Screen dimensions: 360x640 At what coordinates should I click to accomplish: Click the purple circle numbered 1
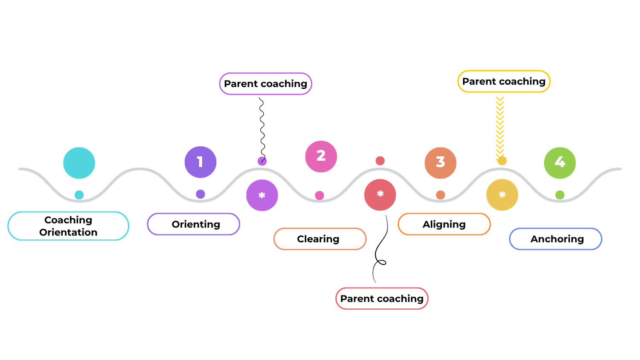[x=200, y=162]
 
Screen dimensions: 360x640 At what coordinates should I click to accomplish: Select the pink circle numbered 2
[x=321, y=156]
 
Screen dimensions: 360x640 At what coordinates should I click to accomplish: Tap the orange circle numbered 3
[x=440, y=163]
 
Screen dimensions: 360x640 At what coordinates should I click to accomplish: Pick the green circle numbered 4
[x=560, y=163]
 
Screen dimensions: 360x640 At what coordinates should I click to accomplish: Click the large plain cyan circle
[x=79, y=163]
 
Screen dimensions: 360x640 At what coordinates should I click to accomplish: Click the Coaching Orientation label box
[x=68, y=226]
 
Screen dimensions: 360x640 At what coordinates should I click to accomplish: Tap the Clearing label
[x=320, y=239]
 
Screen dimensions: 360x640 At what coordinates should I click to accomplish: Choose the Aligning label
[x=444, y=224]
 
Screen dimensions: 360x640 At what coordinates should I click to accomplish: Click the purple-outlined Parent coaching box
[x=265, y=84]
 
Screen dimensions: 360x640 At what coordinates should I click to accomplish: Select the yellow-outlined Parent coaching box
[x=504, y=81]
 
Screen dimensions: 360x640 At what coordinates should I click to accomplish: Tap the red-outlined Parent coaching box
[x=381, y=298]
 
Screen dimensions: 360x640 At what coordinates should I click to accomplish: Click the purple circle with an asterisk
[x=262, y=195]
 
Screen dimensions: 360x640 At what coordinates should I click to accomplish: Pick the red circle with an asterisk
[x=380, y=195]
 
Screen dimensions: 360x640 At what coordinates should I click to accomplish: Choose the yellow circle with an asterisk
[x=502, y=195]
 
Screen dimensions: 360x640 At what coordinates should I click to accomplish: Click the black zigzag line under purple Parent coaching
[x=262, y=128]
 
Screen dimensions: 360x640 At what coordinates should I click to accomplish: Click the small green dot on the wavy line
[x=560, y=195]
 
